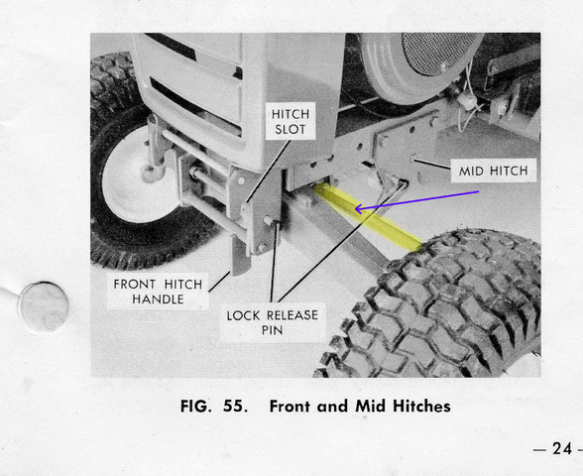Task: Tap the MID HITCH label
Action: [x=493, y=172]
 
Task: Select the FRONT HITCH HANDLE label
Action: [x=158, y=292]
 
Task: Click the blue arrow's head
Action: [x=360, y=208]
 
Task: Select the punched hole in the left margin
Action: [x=44, y=306]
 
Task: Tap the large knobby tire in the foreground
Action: [x=446, y=307]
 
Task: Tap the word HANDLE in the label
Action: [x=159, y=299]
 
